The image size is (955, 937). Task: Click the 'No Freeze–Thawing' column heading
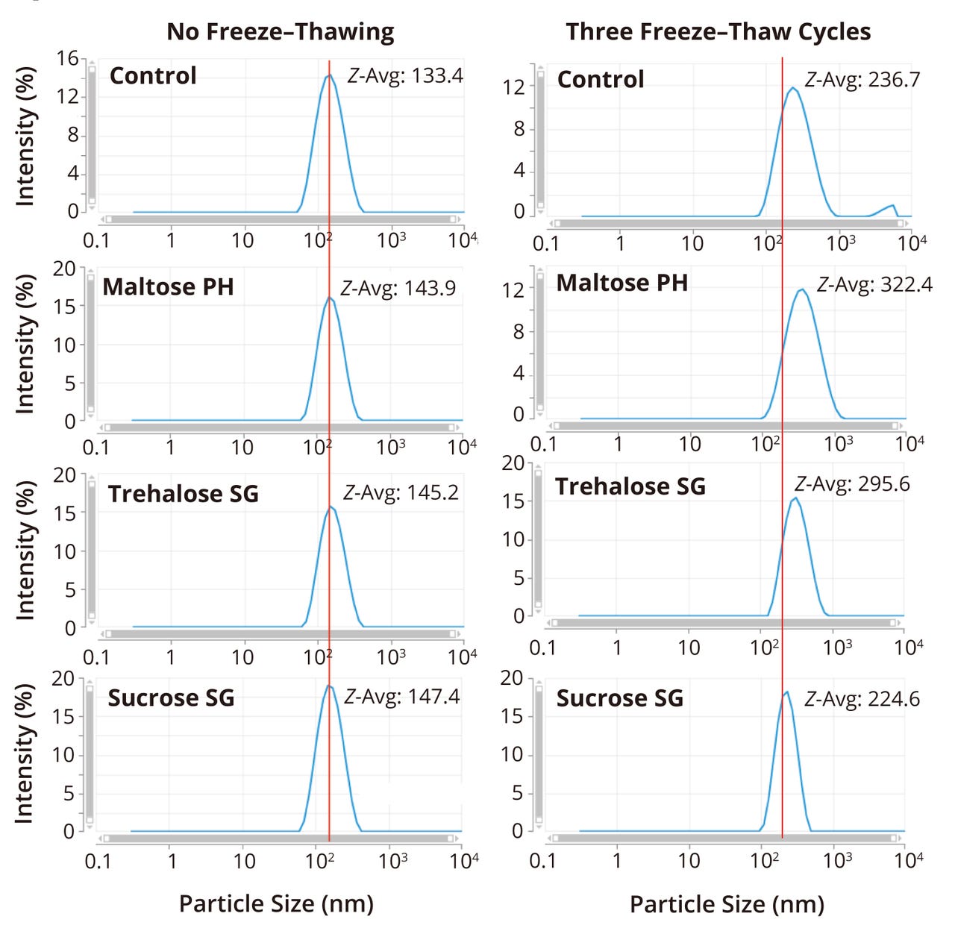point(280,32)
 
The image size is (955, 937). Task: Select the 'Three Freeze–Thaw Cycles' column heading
point(718,32)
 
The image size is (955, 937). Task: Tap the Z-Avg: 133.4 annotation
point(405,76)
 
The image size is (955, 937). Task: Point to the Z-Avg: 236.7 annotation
point(862,80)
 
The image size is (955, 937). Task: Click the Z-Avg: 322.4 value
point(874,284)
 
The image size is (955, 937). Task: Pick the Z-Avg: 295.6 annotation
point(852,484)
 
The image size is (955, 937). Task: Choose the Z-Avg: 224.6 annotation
point(862,699)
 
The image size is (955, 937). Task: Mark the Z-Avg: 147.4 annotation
point(401,697)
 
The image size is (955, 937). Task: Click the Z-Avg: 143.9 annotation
point(398,288)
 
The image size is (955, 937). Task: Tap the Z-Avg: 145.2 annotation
point(401,492)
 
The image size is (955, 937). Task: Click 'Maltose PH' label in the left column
point(168,287)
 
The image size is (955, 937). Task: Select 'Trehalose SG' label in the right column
point(630,486)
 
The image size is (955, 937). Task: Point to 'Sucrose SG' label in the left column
point(171,698)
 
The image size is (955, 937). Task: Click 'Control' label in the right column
point(600,80)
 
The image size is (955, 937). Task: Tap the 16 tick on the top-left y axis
point(68,58)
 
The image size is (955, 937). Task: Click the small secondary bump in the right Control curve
point(890,206)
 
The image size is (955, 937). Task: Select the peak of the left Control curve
point(329,75)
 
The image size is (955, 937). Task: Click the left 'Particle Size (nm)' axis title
point(276,903)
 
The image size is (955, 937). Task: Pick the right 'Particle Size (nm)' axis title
point(727,904)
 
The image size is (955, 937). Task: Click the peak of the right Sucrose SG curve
point(786,692)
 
